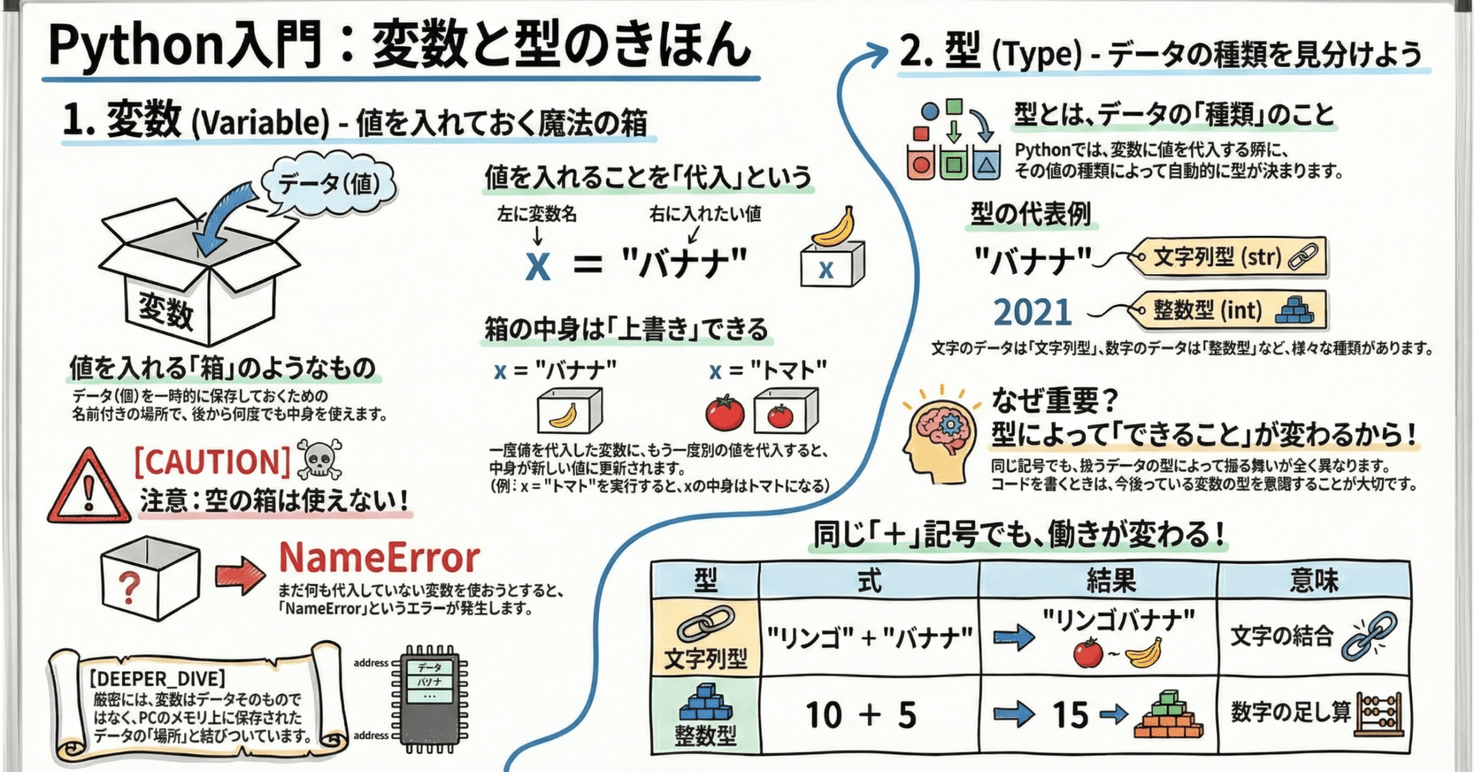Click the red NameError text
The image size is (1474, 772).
click(x=379, y=558)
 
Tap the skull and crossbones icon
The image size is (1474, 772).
click(x=319, y=460)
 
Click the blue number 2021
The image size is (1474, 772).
click(x=1033, y=312)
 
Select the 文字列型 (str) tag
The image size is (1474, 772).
click(x=1230, y=257)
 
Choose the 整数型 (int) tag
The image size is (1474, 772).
click(x=1230, y=310)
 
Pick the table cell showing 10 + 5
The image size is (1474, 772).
click(x=861, y=715)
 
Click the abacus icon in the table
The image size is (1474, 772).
click(x=1380, y=714)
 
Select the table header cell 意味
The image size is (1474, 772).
click(x=1314, y=581)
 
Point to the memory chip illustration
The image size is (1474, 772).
click(x=429, y=697)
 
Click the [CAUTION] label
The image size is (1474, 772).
click(x=212, y=462)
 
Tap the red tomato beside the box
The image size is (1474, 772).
click(x=724, y=413)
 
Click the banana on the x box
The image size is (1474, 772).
click(x=834, y=227)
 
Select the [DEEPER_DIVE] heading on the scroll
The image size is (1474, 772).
click(x=158, y=678)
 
